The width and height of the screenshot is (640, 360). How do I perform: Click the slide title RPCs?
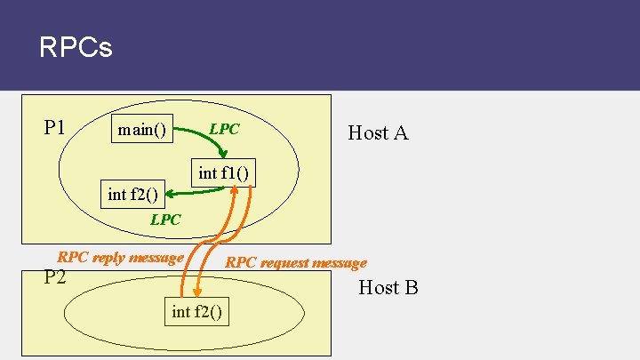[x=76, y=47]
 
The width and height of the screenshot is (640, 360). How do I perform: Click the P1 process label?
[x=55, y=127]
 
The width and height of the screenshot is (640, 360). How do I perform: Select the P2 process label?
[x=55, y=276]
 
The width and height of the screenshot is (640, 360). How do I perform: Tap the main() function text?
[x=142, y=131]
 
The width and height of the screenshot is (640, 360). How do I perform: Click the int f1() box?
[x=223, y=172]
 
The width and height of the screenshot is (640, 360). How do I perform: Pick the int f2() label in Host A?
[x=132, y=194]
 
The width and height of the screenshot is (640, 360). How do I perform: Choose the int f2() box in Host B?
[x=196, y=311]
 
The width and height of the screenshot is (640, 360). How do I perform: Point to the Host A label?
[x=378, y=133]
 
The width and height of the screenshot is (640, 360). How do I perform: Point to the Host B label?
[x=388, y=287]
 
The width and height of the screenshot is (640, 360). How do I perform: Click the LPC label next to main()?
[x=224, y=129]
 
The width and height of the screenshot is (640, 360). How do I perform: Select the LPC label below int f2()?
[x=165, y=219]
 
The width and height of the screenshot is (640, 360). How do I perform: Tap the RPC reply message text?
[x=120, y=257]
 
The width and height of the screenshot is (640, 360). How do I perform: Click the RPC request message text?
[x=296, y=262]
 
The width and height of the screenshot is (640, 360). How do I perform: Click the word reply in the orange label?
[x=108, y=257]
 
